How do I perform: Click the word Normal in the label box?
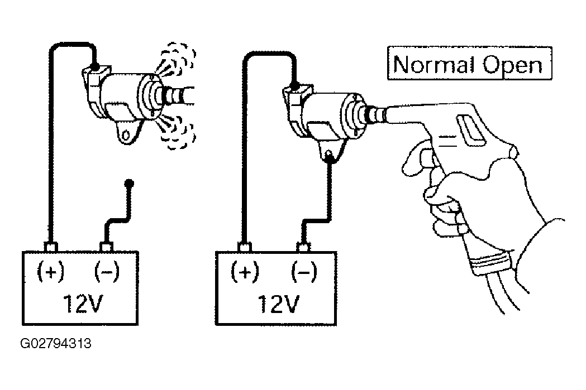tap(434, 64)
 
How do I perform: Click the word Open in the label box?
tap(512, 66)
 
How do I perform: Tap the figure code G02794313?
tap(56, 343)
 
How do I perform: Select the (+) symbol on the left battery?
tap(51, 271)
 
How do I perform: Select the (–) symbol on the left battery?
tap(107, 271)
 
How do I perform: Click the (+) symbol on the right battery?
tap(245, 271)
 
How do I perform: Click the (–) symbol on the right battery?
tap(304, 271)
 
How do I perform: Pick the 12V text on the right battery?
tap(278, 304)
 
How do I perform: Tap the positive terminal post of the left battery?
tap(50, 247)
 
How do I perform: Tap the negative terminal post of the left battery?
tap(107, 247)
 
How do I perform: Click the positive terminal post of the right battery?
tap(245, 247)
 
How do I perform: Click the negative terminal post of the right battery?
tap(303, 247)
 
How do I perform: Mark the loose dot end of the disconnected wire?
tap(129, 183)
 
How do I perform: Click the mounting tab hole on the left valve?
tap(127, 134)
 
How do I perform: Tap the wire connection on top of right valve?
tap(294, 87)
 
